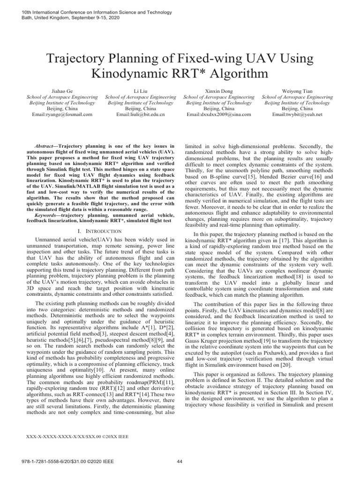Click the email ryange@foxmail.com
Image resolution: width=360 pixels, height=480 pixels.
tap(62, 114)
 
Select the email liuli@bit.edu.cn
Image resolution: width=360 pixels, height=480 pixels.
tap(140, 114)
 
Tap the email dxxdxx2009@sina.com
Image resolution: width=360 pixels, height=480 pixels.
tap(218, 114)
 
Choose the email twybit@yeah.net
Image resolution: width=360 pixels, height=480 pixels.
tap(297, 114)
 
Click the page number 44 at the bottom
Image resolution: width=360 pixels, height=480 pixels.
tap(180, 461)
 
